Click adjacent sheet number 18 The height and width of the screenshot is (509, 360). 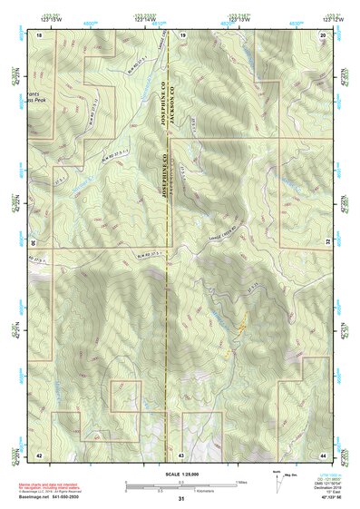[40, 34]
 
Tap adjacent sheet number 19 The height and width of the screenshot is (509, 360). [181, 34]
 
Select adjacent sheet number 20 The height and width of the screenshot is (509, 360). [324, 34]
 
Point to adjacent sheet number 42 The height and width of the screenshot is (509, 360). [40, 453]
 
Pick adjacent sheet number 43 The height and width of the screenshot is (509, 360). [181, 453]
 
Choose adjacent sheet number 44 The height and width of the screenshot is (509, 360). [324, 453]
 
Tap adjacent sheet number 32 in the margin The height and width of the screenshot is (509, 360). [330, 243]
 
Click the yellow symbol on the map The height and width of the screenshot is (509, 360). [241, 323]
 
